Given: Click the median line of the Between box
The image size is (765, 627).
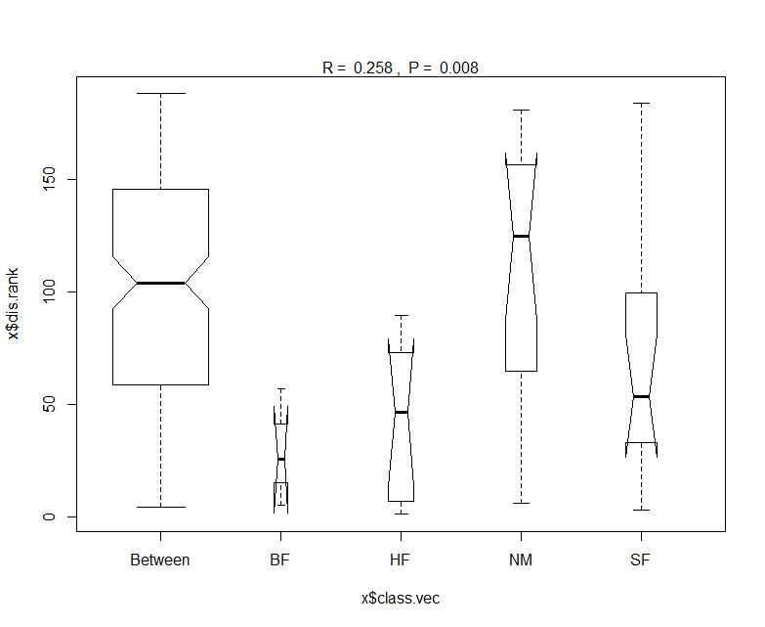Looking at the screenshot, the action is [x=160, y=283].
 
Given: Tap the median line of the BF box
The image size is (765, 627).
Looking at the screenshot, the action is [x=281, y=459].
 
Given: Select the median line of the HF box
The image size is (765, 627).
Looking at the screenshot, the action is [x=401, y=412].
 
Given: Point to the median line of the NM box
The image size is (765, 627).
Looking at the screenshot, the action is [x=521, y=236].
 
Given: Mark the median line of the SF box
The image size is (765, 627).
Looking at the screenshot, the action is [x=642, y=396].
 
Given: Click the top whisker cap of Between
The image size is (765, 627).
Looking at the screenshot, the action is [x=160, y=93].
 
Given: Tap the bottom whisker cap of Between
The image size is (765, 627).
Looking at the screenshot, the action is [x=160, y=507].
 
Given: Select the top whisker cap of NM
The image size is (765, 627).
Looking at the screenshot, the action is [x=521, y=111].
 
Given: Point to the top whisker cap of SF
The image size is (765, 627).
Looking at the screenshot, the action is [x=642, y=104].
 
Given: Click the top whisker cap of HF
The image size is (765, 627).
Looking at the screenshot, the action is [x=401, y=315].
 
